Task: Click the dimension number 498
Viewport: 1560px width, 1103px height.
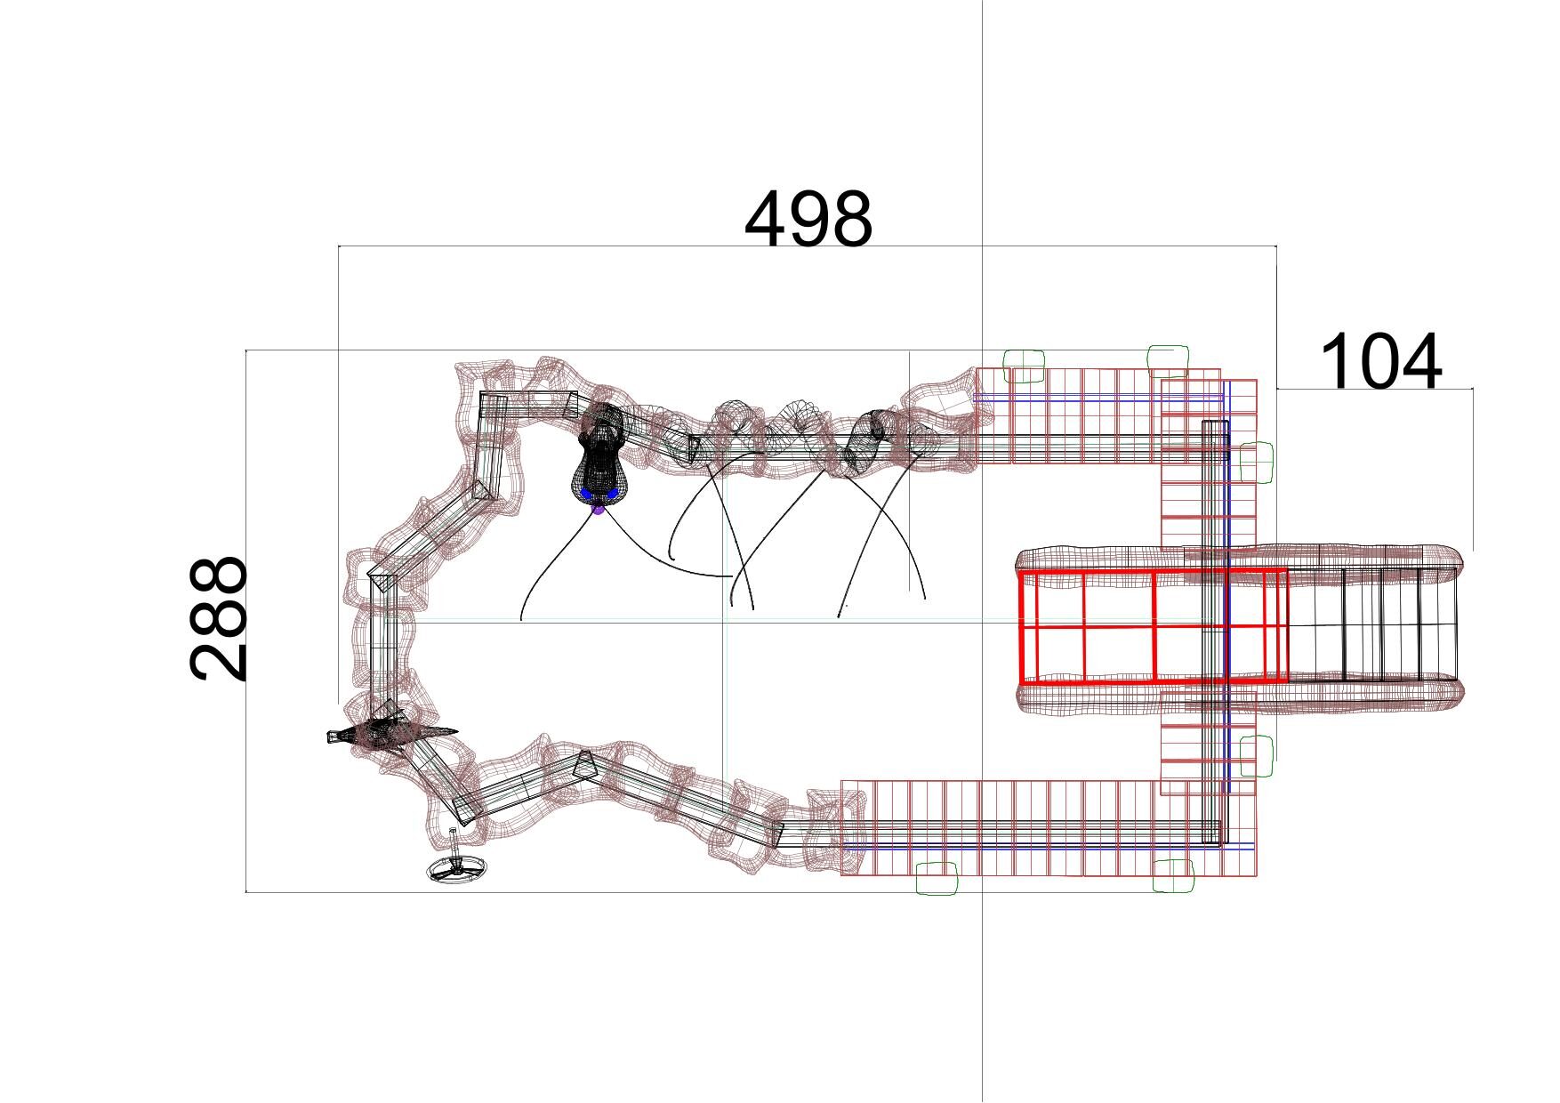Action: tap(808, 220)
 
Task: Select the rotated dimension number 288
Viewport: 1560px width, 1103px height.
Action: tap(218, 619)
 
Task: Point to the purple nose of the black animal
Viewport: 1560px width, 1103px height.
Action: tap(599, 508)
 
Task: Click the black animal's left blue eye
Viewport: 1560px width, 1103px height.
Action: tap(586, 493)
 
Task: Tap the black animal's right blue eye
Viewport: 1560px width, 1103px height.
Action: tap(613, 492)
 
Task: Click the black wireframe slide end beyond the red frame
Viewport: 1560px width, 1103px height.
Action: tap(1375, 625)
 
